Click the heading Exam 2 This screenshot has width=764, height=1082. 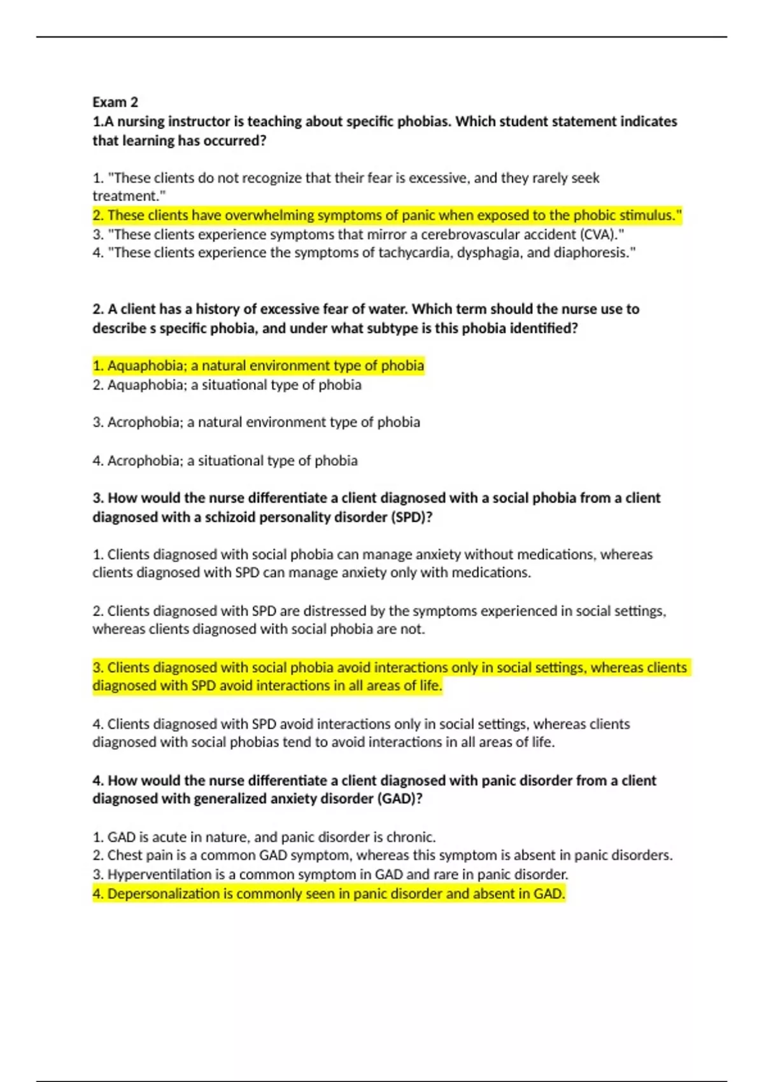click(x=115, y=102)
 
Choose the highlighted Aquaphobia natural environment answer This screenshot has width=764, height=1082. click(x=258, y=366)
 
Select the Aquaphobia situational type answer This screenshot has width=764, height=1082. click(x=227, y=385)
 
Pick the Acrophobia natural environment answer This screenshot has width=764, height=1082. click(x=257, y=422)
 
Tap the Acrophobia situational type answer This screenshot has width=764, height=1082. click(x=225, y=460)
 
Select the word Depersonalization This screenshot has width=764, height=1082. click(x=164, y=894)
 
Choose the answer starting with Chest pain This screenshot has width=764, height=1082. click(x=382, y=855)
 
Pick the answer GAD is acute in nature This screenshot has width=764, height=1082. click(x=264, y=837)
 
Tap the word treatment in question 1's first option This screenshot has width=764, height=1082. click(x=127, y=196)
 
